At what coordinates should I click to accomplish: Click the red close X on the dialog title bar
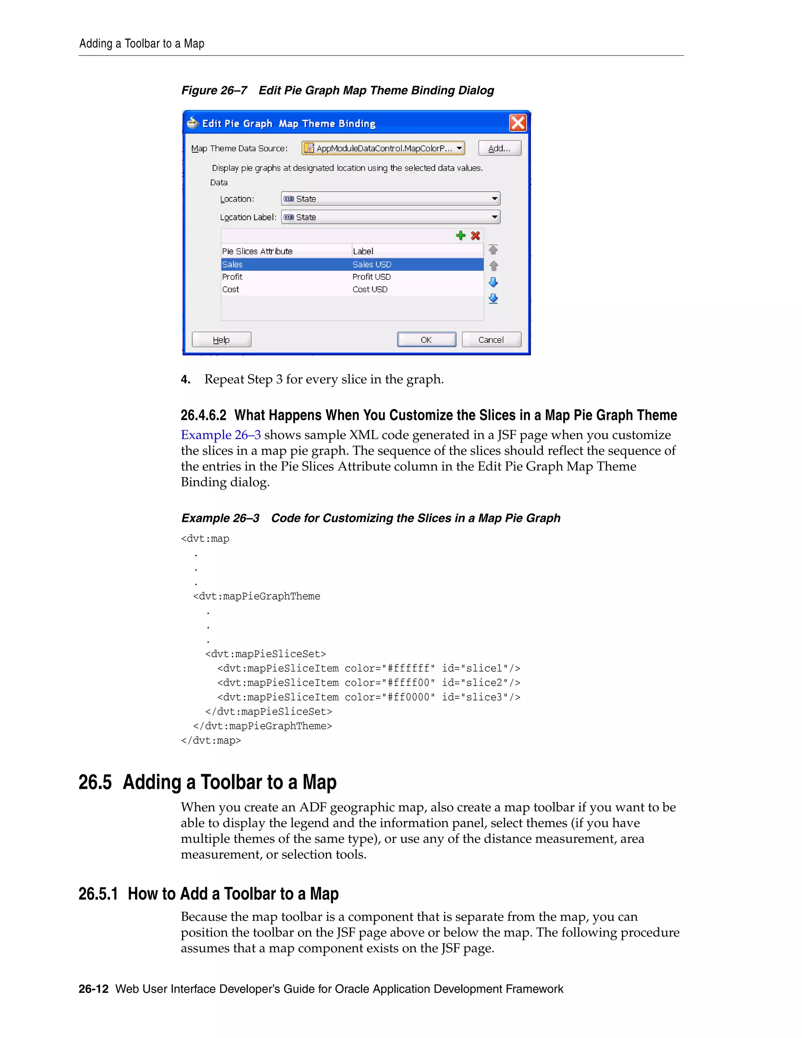[517, 123]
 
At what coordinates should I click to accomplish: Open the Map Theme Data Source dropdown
[383, 148]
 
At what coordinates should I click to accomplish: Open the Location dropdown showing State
[390, 199]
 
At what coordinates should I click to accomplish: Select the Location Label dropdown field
[390, 217]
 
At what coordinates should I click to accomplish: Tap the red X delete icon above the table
[475, 236]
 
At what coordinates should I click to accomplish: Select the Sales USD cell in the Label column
[372, 265]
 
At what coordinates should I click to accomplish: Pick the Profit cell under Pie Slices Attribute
[232, 277]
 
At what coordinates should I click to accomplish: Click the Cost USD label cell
[370, 289]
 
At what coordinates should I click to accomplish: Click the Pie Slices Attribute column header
[257, 251]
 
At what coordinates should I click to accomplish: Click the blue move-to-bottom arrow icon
[493, 298]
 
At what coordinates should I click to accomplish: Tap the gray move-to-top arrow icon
[493, 250]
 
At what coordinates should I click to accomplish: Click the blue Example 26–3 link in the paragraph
[221, 435]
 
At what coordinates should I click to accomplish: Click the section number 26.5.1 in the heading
[98, 894]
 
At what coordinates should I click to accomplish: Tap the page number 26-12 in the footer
[94, 989]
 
